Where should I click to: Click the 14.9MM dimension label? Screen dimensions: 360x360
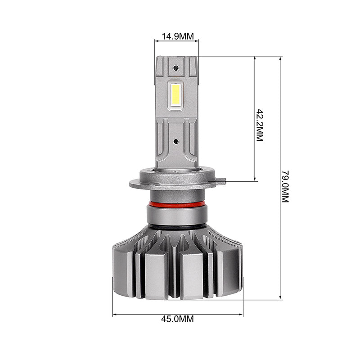click(x=178, y=36)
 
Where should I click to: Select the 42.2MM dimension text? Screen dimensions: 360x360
click(x=260, y=125)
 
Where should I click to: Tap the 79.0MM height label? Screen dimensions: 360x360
click(x=285, y=186)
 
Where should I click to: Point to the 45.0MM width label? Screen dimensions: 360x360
click(x=177, y=319)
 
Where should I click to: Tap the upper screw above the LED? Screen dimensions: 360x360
click(x=176, y=68)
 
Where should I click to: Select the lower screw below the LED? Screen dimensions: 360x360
click(x=176, y=141)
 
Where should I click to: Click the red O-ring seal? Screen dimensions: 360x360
click(x=177, y=204)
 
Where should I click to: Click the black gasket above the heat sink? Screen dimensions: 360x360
click(x=177, y=227)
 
